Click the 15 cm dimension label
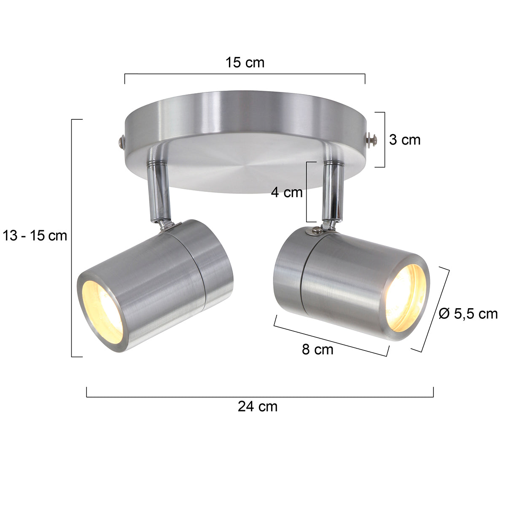tap(245, 63)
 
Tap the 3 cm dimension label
tap(404, 140)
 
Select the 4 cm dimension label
tap(287, 193)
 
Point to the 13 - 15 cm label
tap(35, 235)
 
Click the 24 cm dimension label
tap(257, 407)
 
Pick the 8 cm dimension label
tap(317, 349)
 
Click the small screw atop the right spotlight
tap(316, 230)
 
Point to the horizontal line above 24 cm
tap(260, 397)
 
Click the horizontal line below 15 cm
tap(245, 74)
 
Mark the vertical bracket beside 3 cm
tap(384, 140)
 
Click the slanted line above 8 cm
tap(331, 335)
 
